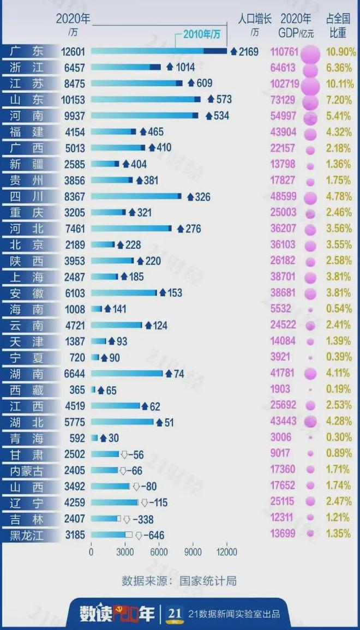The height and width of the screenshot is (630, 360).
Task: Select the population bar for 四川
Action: click(136, 196)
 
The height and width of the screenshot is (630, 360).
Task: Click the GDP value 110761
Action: click(284, 52)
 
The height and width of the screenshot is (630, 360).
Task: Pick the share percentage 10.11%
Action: click(341, 83)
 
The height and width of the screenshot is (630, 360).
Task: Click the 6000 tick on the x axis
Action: click(159, 552)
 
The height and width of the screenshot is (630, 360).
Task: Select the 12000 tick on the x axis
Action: click(226, 552)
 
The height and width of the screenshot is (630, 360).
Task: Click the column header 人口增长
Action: click(254, 18)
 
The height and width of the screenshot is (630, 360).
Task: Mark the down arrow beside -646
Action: click(139, 536)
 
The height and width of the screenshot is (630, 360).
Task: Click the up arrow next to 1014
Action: click(169, 68)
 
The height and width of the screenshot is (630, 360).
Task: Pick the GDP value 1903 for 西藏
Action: click(280, 390)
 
